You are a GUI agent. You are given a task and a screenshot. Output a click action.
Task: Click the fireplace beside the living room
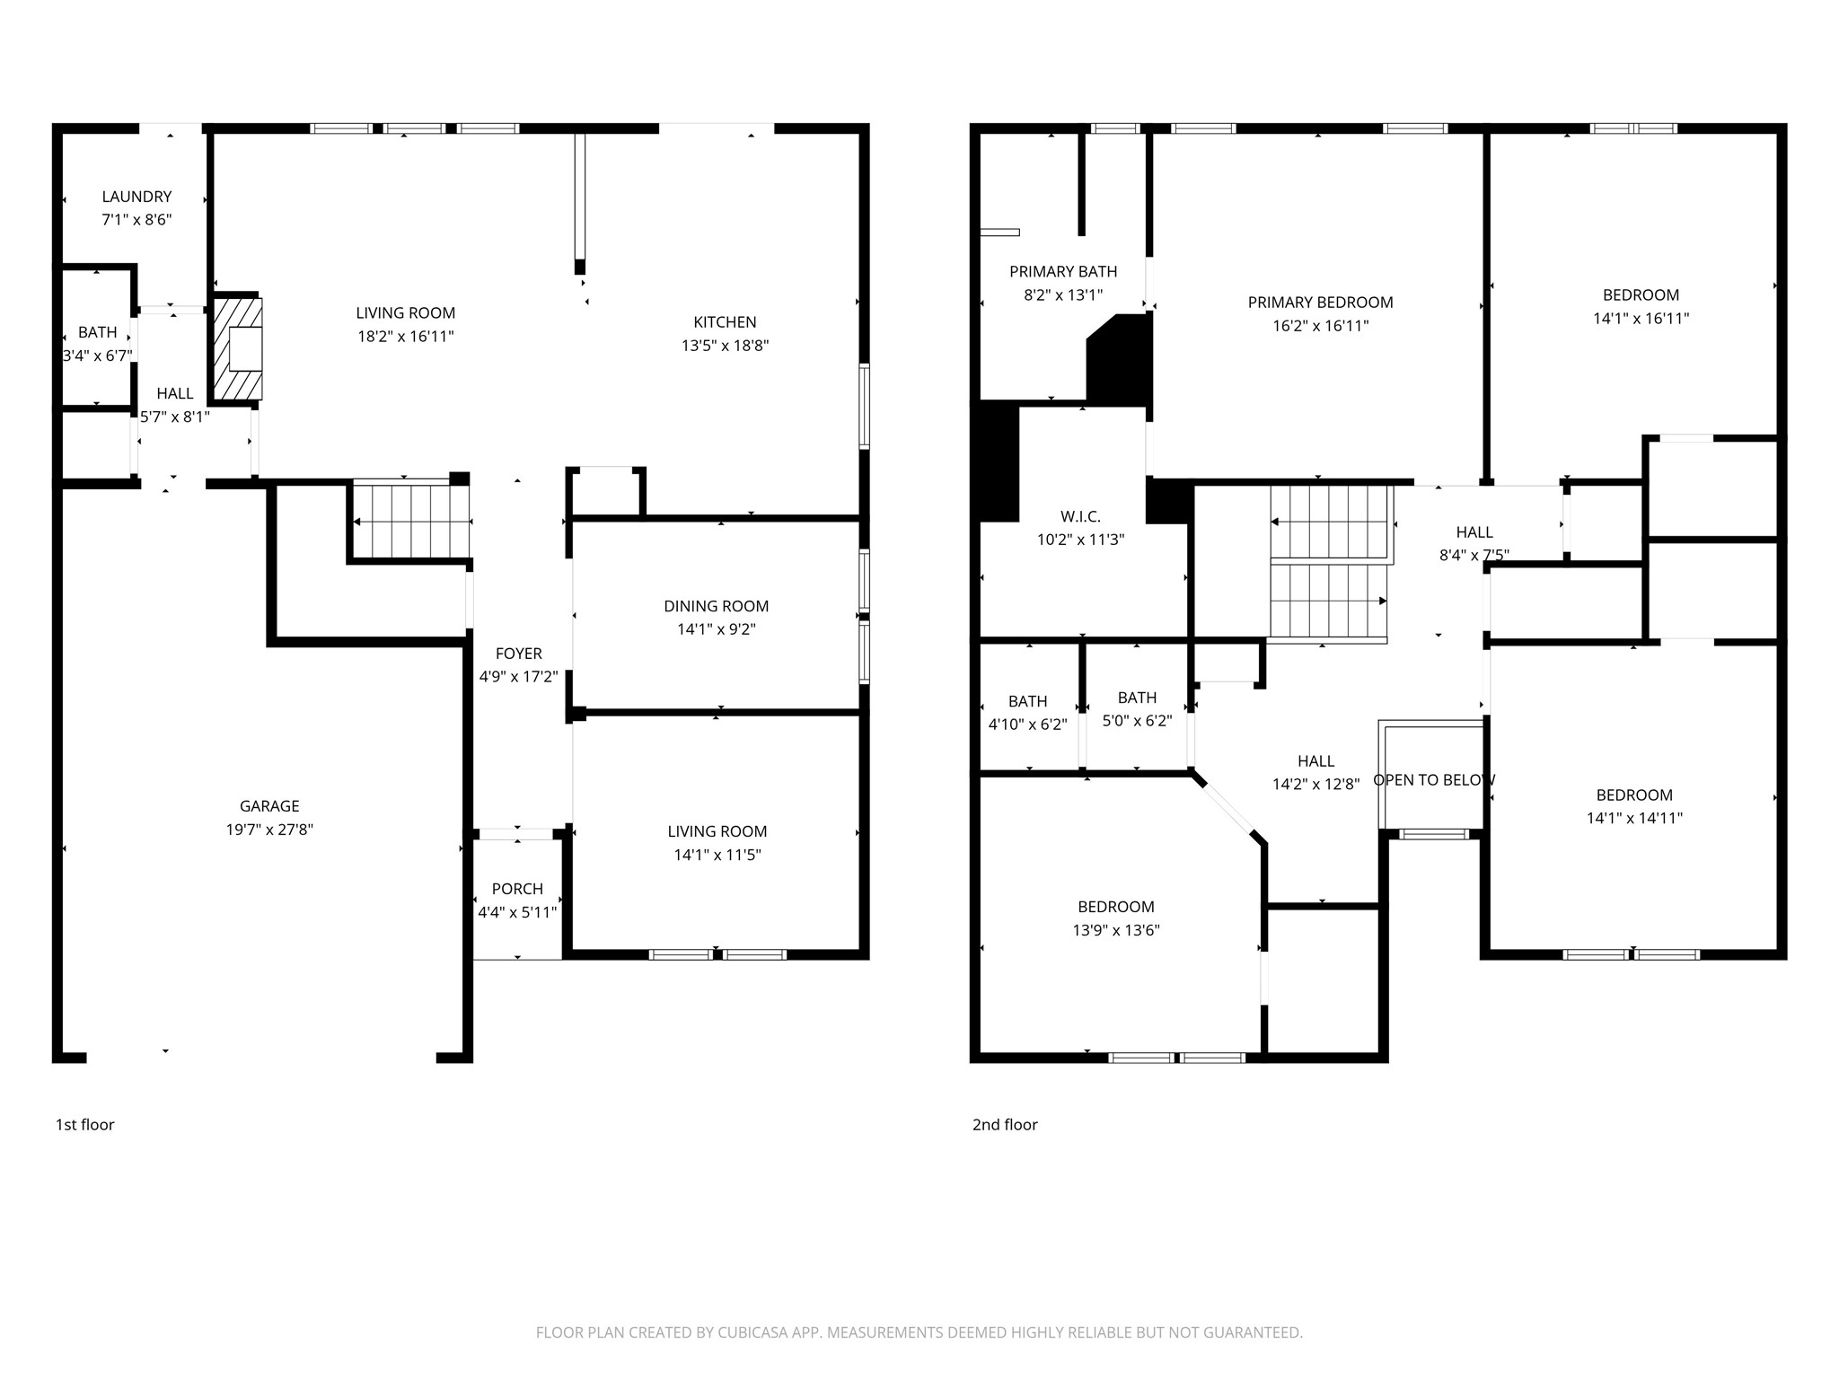238,348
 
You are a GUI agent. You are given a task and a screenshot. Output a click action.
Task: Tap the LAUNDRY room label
136,197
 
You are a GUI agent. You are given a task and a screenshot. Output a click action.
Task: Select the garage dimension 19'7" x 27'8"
269,830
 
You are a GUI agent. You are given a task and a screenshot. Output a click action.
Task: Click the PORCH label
517,889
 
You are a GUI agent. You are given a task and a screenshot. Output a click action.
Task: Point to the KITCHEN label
725,322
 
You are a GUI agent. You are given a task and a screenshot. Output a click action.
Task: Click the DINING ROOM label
717,606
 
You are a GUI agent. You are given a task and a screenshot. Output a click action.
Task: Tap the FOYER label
519,654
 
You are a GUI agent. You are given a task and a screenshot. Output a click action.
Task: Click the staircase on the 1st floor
411,521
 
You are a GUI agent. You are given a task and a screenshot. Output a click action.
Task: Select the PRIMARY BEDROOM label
1320,303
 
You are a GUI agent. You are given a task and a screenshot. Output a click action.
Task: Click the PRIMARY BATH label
1063,271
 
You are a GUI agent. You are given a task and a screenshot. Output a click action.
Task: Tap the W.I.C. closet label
1080,516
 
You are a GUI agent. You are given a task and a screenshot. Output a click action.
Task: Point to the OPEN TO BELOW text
1434,780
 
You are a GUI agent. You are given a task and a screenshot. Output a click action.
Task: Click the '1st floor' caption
85,1125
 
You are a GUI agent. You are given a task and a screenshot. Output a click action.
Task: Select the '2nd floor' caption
1005,1125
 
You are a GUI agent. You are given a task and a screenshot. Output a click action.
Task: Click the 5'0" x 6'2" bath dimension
1137,720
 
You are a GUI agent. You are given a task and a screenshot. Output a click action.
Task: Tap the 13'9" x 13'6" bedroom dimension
1116,930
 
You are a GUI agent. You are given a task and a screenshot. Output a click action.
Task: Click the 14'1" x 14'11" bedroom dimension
1634,818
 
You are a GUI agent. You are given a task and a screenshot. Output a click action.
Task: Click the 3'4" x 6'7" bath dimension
97,356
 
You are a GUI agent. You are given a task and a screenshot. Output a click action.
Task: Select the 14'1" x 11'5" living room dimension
717,855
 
